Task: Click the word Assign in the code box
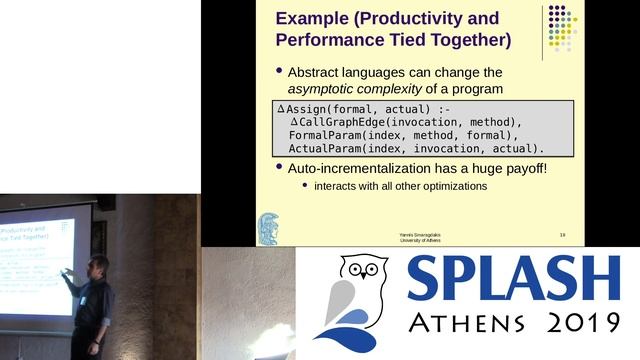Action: click(312, 108)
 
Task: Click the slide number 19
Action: click(563, 234)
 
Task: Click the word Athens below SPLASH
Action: click(468, 325)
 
